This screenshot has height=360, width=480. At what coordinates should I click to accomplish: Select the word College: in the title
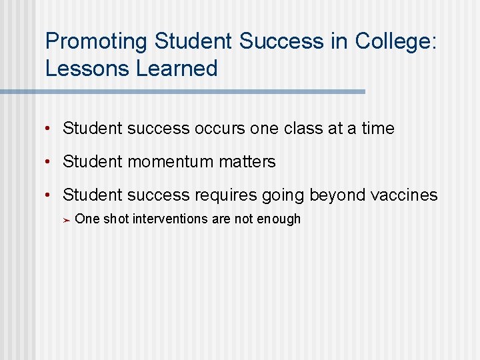click(x=396, y=41)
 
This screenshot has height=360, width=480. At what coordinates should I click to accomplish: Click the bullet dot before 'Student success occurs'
click(x=50, y=128)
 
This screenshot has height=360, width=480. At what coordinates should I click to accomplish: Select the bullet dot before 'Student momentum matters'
click(x=50, y=161)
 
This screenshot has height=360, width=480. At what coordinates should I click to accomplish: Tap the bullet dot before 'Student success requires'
click(x=50, y=195)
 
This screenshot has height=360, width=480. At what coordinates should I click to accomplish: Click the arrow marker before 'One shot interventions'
click(x=66, y=219)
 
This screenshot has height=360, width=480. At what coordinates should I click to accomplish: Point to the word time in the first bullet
click(x=378, y=128)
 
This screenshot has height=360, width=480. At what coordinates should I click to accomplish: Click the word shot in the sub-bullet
click(x=116, y=219)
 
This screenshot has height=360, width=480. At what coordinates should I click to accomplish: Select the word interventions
click(x=171, y=219)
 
